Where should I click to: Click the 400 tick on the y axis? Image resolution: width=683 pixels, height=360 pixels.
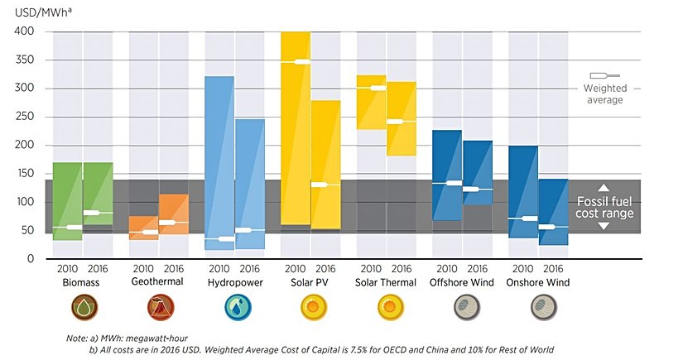[22, 31]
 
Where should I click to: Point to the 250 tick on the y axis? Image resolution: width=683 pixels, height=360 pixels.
[22, 117]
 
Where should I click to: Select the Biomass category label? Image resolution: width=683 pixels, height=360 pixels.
[82, 282]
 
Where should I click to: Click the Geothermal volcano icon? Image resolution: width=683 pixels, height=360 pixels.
[157, 309]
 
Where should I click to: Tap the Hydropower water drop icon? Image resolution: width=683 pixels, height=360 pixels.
[234, 309]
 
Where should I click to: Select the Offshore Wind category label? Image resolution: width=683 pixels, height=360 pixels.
[462, 282]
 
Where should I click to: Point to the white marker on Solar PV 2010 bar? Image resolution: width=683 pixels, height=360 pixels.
[296, 62]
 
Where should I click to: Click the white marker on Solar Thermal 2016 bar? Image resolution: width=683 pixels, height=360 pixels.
[402, 122]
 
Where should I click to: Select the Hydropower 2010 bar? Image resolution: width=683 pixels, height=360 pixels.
[219, 149]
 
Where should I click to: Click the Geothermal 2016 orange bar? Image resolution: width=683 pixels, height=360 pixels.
[174, 214]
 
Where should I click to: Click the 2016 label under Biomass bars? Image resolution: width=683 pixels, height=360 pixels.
[98, 269]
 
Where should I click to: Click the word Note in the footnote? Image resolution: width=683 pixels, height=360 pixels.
[78, 339]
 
